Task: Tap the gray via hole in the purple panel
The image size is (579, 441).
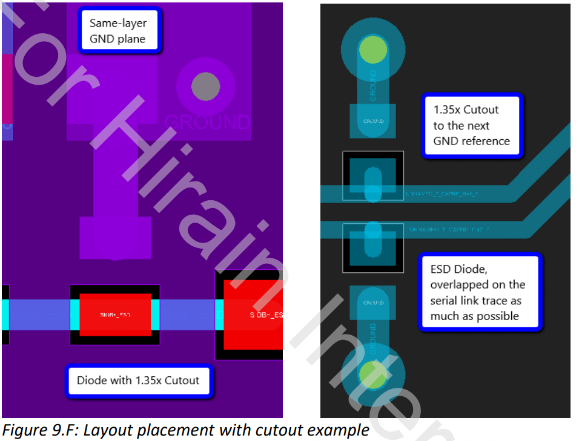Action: click(205, 87)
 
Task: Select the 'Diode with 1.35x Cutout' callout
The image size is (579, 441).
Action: click(138, 381)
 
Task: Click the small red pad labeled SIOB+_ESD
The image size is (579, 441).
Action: click(115, 315)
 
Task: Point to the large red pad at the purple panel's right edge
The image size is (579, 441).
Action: click(253, 315)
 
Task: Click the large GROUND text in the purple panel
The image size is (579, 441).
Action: click(207, 122)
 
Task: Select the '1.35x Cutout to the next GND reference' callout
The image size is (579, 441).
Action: click(471, 125)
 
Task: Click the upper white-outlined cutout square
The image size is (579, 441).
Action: click(372, 175)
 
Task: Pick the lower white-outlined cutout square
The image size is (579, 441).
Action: click(372, 248)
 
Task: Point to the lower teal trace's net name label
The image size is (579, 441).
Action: click(449, 230)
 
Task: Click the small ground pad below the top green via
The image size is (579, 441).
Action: click(372, 121)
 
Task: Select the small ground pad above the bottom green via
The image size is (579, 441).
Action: click(373, 302)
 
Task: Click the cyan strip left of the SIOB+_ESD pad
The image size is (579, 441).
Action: click(74, 315)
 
